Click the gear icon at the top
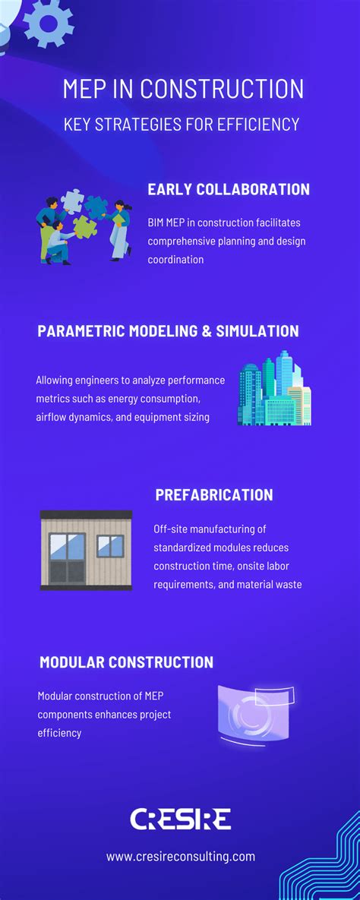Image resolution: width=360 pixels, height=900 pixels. tap(49, 22)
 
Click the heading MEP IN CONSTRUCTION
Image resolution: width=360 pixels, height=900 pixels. tap(183, 89)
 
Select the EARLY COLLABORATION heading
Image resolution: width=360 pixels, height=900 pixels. tap(229, 189)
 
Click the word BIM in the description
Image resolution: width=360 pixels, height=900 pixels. tap(158, 223)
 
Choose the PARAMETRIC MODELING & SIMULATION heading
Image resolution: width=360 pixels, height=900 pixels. tap(168, 331)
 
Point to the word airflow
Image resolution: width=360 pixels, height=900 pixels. tap(53, 417)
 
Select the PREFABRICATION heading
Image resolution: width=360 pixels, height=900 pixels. tap(214, 495)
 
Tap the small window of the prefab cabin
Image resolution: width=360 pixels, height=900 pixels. tap(110, 545)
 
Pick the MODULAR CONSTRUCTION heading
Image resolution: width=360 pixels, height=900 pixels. tap(126, 662)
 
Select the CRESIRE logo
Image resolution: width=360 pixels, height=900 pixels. tap(180, 819)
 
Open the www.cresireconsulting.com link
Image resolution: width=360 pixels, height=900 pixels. tap(180, 857)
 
